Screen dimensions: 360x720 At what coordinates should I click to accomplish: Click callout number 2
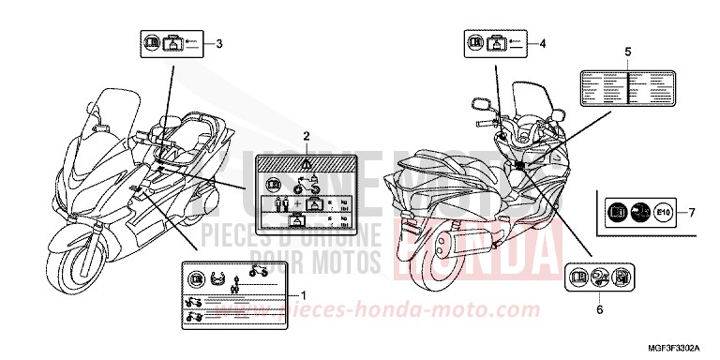[306, 137]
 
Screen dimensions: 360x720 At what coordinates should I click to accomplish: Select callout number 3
[219, 43]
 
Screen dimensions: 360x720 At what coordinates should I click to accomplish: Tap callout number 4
[541, 43]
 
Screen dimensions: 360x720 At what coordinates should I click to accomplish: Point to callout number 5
[627, 51]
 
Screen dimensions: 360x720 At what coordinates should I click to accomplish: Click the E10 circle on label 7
[661, 212]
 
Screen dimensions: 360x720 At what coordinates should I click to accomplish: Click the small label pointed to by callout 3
[172, 43]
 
